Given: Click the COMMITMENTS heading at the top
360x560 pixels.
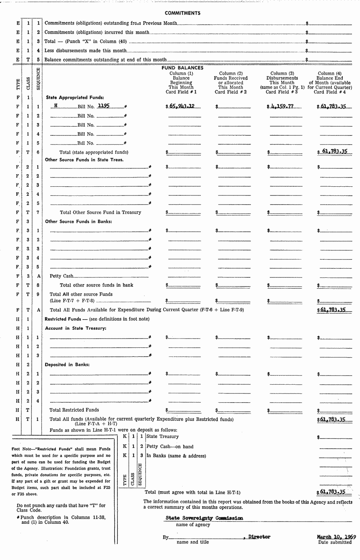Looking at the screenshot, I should click(x=182, y=13).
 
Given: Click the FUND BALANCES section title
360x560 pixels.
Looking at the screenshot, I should click(x=182, y=68).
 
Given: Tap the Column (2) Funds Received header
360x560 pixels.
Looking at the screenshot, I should click(x=230, y=83).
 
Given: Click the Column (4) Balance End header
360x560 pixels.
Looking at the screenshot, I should click(x=330, y=83).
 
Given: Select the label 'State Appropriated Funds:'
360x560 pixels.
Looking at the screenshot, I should click(x=75, y=98).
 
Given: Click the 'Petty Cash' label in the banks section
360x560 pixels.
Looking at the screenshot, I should click(x=61, y=276).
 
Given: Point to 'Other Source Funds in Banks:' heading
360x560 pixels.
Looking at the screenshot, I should click(x=78, y=221).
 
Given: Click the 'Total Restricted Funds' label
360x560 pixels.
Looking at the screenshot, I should click(x=74, y=410).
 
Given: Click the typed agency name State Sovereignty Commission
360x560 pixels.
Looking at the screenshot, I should click(x=204, y=518).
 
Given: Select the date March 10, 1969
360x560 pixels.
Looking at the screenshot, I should click(x=336, y=537).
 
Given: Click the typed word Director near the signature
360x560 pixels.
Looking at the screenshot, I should click(x=259, y=537).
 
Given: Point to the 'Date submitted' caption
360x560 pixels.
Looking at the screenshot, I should click(x=335, y=542).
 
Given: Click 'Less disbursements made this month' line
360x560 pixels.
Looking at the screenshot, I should click(x=85, y=51).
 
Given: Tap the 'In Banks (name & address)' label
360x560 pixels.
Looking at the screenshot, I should click(x=176, y=456).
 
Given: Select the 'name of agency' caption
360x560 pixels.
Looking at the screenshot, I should click(x=193, y=524).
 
